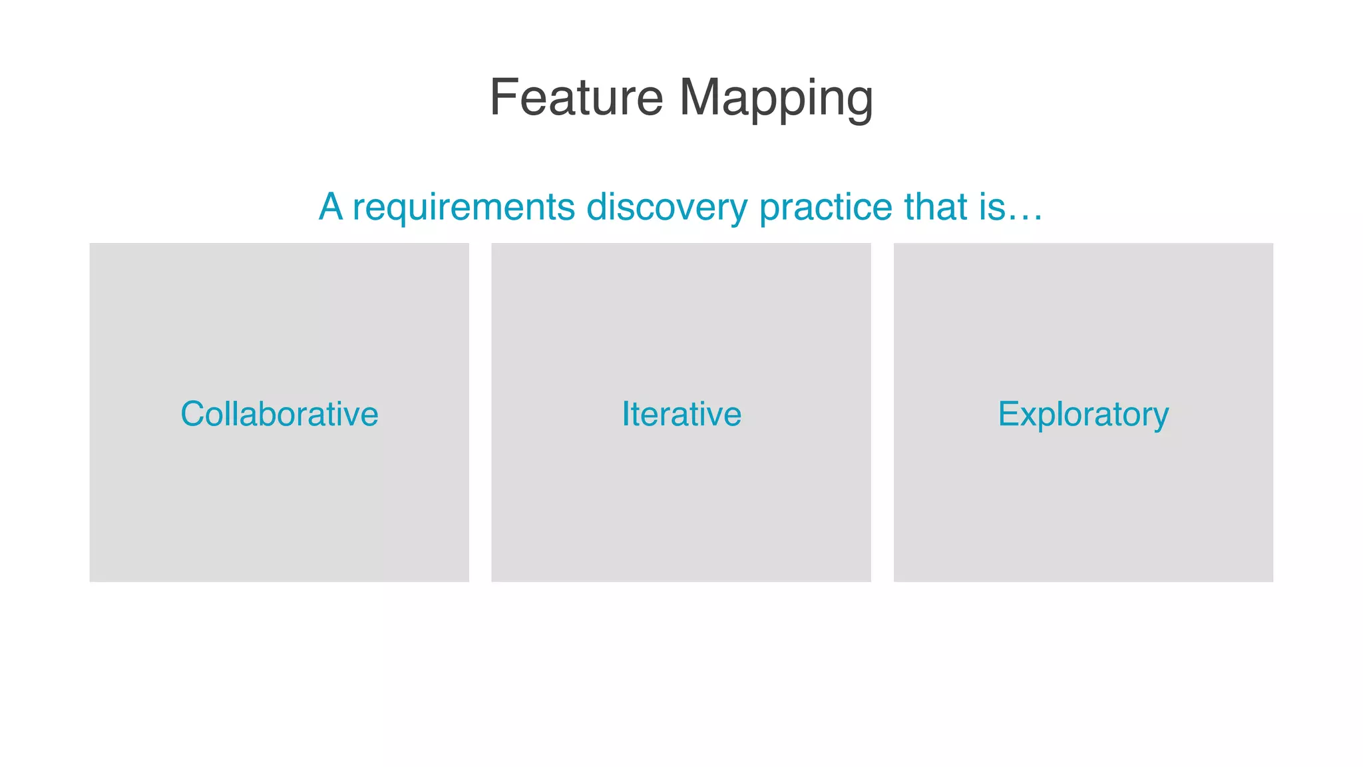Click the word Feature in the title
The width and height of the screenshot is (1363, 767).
pyautogui.click(x=576, y=98)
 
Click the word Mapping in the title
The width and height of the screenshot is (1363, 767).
pyautogui.click(x=776, y=98)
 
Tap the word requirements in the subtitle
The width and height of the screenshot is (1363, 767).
pyautogui.click(x=463, y=207)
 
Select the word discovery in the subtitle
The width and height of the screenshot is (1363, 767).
pyautogui.click(x=667, y=207)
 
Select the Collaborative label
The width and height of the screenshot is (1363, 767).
pyautogui.click(x=280, y=414)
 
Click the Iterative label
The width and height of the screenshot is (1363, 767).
pyautogui.click(x=681, y=414)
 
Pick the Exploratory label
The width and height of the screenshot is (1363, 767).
pyautogui.click(x=1083, y=414)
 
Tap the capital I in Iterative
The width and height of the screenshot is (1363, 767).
pyautogui.click(x=626, y=414)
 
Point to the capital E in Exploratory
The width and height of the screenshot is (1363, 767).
pyautogui.click(x=1008, y=414)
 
